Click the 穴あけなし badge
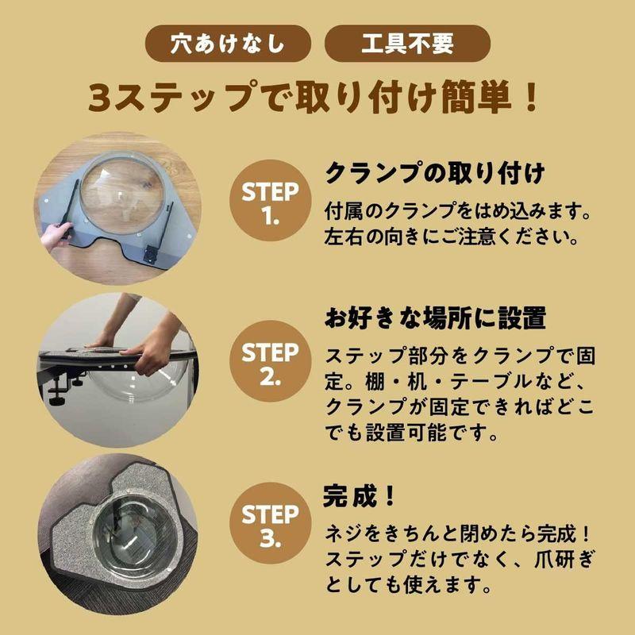[227, 44]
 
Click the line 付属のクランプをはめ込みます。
[460, 212]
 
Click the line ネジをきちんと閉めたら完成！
[460, 534]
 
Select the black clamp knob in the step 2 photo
[57, 394]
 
